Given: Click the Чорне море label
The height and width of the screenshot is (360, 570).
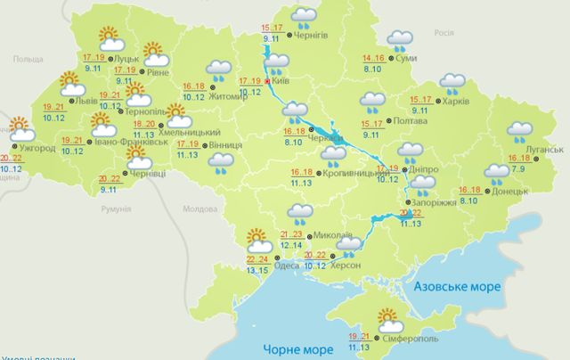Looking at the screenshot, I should tap(292, 348).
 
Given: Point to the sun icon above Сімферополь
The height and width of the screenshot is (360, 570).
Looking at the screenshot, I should tap(388, 317).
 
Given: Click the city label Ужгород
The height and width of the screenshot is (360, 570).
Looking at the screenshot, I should tap(37, 148).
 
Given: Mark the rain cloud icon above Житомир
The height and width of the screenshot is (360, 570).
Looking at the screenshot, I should tap(218, 70).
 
